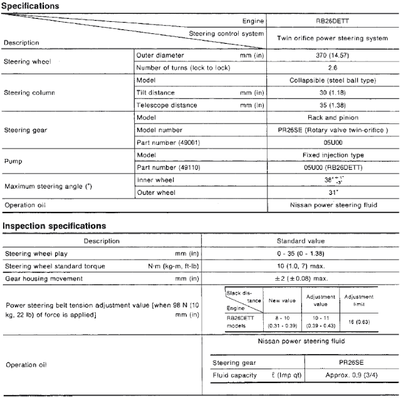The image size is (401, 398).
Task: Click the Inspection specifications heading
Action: click(53, 226)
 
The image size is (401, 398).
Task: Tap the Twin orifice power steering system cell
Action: click(331, 38)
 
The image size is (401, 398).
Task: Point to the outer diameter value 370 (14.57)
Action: click(331, 55)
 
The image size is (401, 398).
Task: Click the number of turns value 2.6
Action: click(331, 67)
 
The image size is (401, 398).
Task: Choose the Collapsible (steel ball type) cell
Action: click(331, 80)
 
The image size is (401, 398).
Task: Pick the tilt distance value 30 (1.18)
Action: click(331, 93)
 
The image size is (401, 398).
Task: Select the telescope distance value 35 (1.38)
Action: click(331, 105)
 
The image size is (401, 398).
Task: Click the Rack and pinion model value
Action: click(331, 118)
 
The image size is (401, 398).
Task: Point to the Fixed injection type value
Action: click(331, 155)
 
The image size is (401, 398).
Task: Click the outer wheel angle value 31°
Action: click(331, 192)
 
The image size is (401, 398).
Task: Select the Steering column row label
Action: click(30, 93)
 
